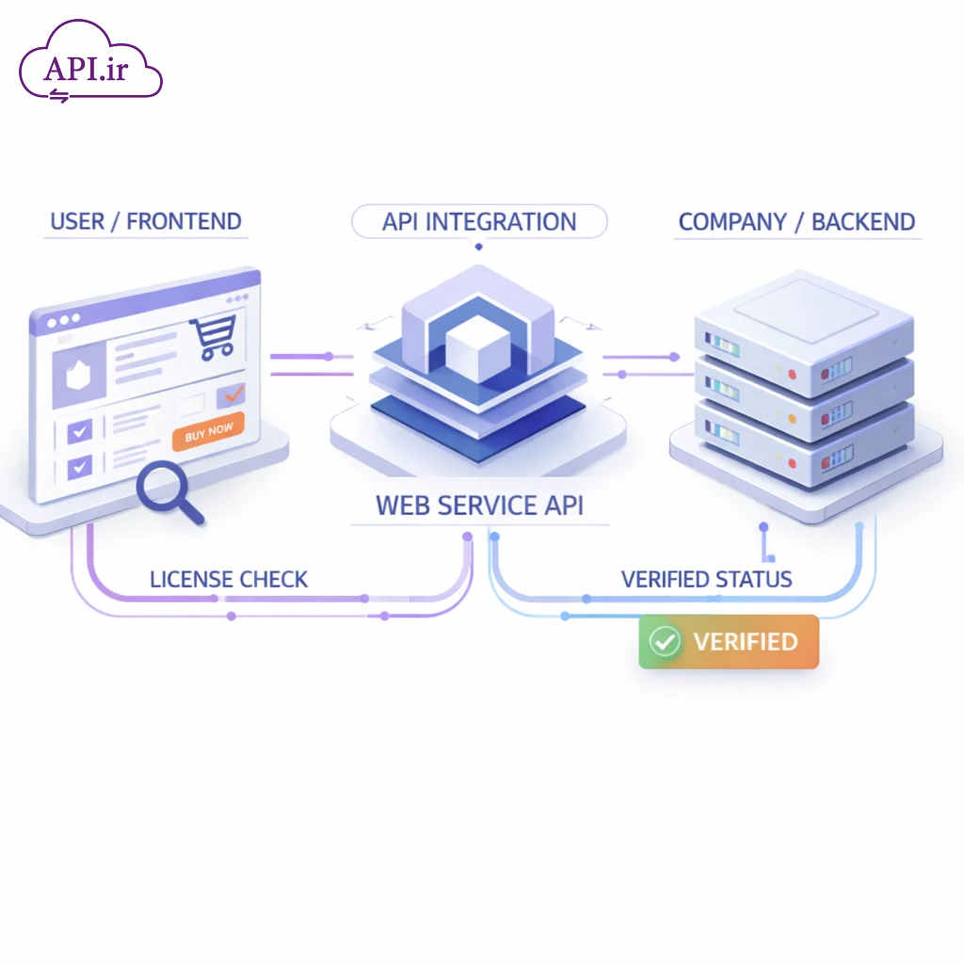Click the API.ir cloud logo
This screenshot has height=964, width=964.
[90, 63]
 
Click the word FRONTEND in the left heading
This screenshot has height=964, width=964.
[184, 222]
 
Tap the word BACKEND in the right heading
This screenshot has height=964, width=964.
[863, 222]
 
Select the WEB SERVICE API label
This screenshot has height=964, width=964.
[479, 505]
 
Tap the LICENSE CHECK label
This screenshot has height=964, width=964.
[229, 579]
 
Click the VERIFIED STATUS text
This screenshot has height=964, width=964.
[706, 579]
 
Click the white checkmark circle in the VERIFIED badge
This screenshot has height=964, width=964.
[666, 642]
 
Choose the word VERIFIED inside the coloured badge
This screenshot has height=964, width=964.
[746, 642]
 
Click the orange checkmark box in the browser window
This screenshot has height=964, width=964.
[231, 395]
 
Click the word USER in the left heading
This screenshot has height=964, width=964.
[77, 222]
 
